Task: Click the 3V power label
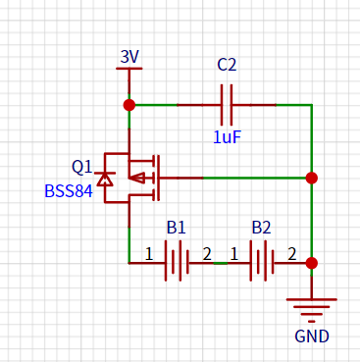click(129, 57)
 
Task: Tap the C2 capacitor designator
click(227, 65)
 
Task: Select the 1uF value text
click(227, 137)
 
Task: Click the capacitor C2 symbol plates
click(227, 105)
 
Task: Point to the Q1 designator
click(82, 167)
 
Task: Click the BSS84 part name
click(69, 191)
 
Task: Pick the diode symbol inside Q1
click(105, 179)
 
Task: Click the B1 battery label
click(177, 228)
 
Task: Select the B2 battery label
click(261, 228)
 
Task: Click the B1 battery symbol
click(177, 261)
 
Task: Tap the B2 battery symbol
click(262, 261)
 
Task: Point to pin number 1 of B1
click(149, 254)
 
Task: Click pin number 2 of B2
click(291, 254)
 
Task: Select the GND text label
click(312, 336)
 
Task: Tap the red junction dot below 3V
click(129, 105)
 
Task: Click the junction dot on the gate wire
click(312, 178)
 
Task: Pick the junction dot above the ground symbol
click(312, 263)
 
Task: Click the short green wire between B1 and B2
click(221, 263)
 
